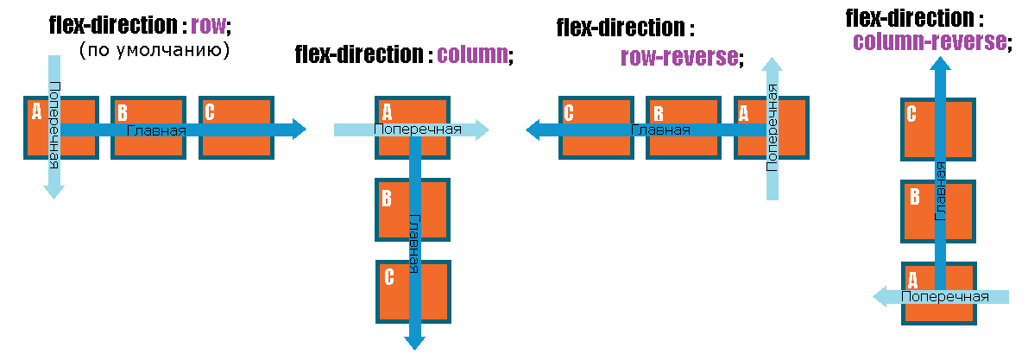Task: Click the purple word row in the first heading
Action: click(x=207, y=24)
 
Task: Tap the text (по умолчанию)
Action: click(x=155, y=51)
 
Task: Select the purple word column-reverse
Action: click(x=929, y=41)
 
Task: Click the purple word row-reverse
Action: click(x=679, y=58)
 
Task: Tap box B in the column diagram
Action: click(x=413, y=210)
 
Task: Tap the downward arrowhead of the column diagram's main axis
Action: click(x=415, y=342)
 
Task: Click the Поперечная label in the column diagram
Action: click(x=417, y=129)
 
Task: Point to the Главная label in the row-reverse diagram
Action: click(x=660, y=130)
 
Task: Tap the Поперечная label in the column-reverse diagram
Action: click(x=944, y=296)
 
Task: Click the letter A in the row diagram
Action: click(x=36, y=111)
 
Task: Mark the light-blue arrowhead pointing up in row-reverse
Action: click(x=773, y=66)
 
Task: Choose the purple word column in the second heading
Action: click(x=471, y=55)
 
